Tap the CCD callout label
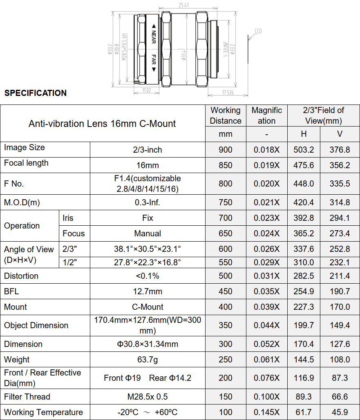point(258,31)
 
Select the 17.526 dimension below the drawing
point(228,93)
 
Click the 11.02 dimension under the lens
point(147,90)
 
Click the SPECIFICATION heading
point(36,93)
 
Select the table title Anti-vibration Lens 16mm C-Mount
point(102,124)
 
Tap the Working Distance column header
point(226,116)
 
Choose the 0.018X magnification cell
point(267,150)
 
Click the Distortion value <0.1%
point(148,276)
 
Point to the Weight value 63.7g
point(148,360)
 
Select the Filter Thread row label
point(27,397)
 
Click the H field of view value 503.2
point(304,150)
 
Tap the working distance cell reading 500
point(226,276)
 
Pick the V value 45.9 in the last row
point(340,412)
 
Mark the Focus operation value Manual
point(148,233)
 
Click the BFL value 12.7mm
point(148,291)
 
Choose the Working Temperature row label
point(43,412)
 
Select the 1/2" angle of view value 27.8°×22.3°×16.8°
point(148,262)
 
